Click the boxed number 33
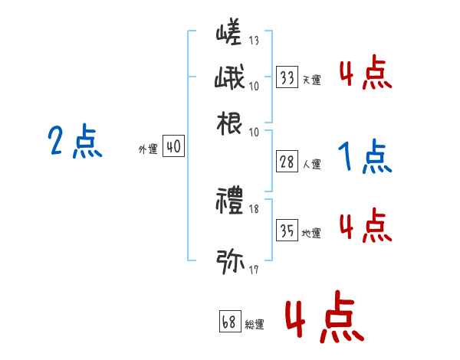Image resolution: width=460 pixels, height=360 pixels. click(x=287, y=77)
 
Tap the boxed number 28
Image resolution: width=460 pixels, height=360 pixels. click(x=287, y=162)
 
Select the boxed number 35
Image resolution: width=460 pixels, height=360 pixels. click(x=287, y=231)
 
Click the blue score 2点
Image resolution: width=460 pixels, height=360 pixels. click(x=74, y=142)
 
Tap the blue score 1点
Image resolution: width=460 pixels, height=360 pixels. click(x=364, y=158)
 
